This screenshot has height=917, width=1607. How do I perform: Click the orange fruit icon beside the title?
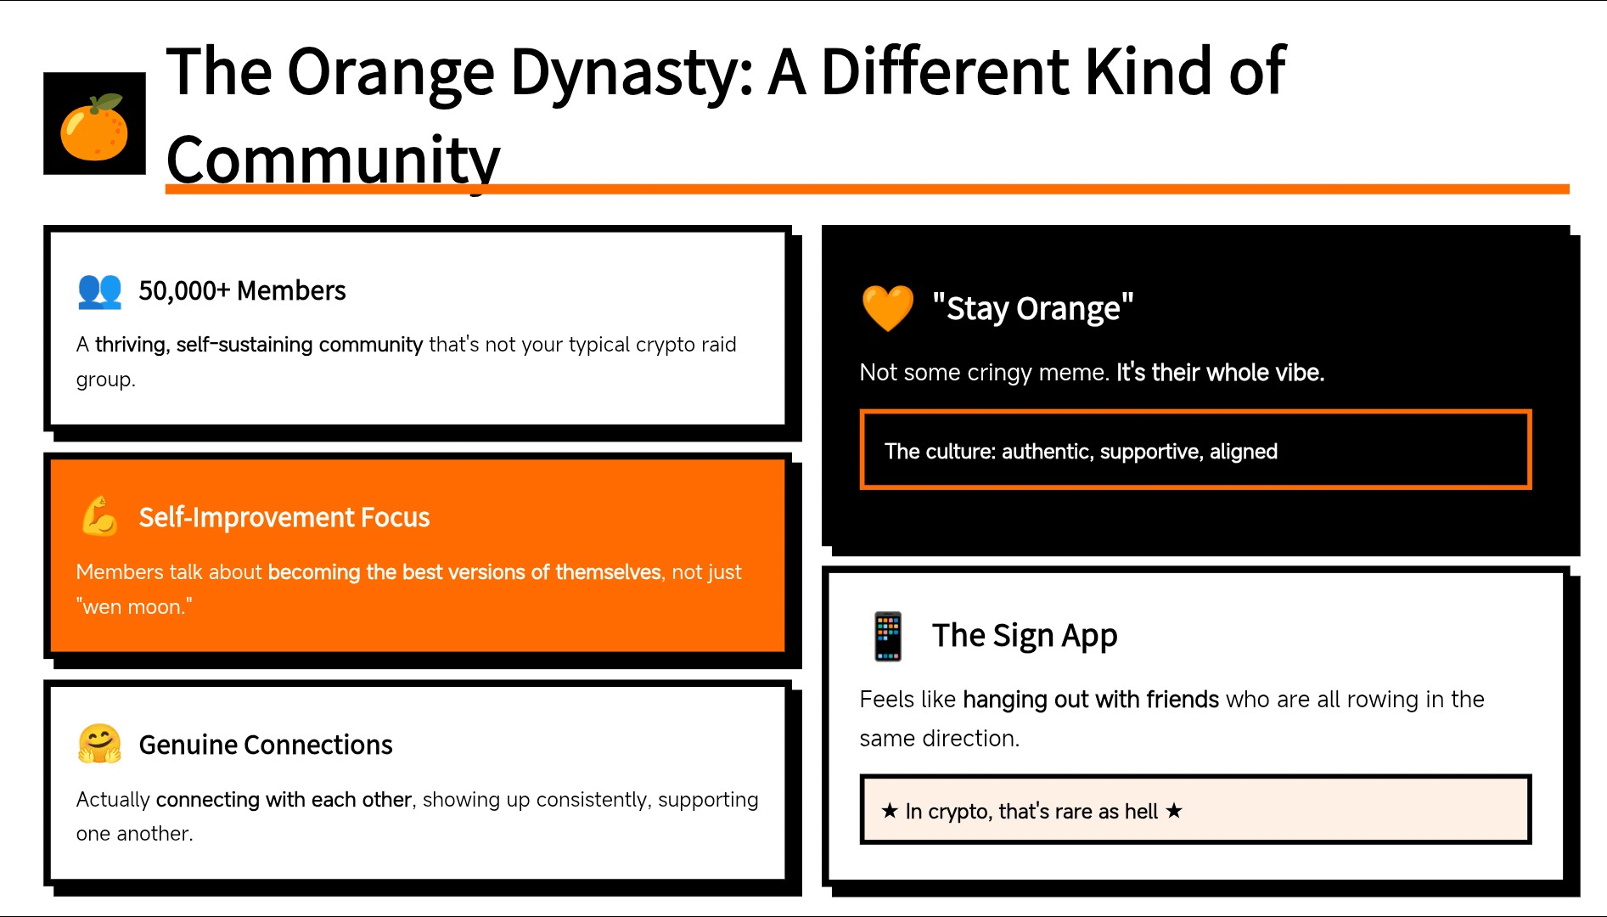94,127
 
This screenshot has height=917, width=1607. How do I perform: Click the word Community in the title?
334,160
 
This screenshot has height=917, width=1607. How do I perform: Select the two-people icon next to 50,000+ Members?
100,290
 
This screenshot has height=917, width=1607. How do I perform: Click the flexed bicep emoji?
100,516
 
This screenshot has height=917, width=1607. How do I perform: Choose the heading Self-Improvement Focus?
284,517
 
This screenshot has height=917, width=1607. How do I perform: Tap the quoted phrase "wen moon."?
134,607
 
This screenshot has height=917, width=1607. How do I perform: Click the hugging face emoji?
100,744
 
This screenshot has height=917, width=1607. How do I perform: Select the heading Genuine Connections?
266,745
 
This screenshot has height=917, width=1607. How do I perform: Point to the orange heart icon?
888,307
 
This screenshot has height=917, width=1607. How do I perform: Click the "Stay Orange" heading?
1032,308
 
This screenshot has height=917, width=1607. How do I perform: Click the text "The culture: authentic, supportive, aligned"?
1081,452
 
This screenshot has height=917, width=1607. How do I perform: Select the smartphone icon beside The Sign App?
888,636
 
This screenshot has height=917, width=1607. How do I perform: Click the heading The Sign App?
1025,635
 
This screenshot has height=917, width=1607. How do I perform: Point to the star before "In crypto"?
890,811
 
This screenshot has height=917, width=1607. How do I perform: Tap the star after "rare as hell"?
1174,811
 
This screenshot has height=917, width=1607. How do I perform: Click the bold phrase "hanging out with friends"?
1091,700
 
